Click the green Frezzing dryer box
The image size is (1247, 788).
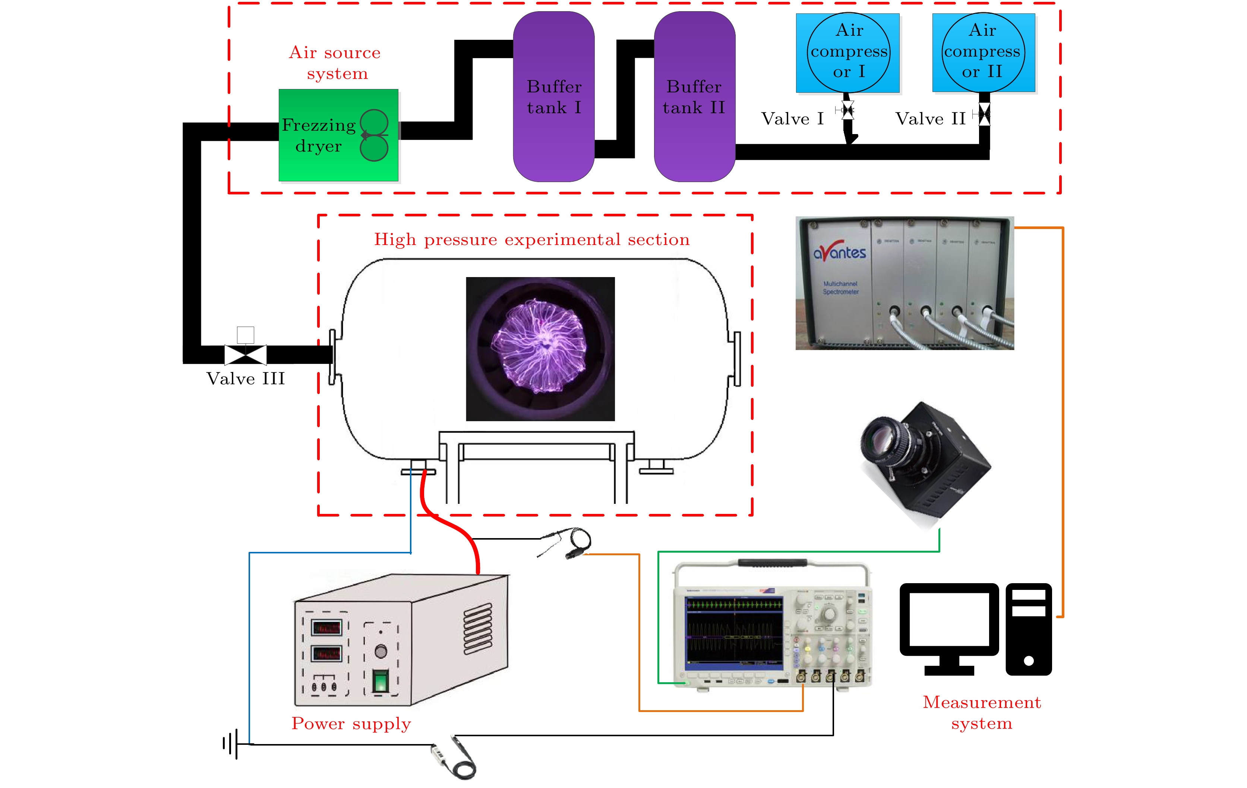coord(338,135)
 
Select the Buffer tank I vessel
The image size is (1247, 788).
coord(553,97)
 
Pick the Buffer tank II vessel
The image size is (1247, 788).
coord(694,97)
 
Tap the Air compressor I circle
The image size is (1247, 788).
coord(848,52)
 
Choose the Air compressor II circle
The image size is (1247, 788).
coord(983,52)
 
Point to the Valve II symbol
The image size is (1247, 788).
coord(984,114)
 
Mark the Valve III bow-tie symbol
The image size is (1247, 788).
coord(246,355)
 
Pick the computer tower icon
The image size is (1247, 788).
coord(1029,629)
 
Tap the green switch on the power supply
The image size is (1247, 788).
coord(381,680)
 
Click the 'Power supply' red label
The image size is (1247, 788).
coord(351,723)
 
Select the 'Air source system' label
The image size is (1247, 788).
coord(335,63)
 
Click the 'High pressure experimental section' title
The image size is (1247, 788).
coord(532,239)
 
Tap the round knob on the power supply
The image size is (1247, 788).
coord(381,651)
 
